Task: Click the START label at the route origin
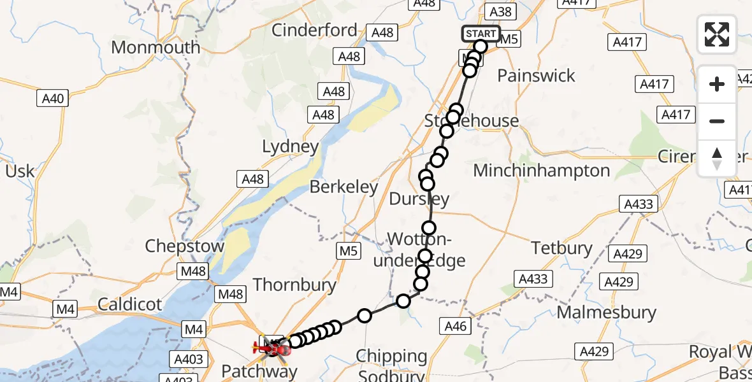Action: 481,34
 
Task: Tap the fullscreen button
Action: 717,34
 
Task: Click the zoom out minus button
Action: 717,121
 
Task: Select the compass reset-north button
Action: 717,159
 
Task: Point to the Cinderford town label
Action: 314,30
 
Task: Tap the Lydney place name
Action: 290,147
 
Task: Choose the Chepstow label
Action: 185,246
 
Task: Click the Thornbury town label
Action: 294,285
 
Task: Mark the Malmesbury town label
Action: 606,312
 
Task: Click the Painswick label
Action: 536,76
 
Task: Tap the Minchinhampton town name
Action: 542,171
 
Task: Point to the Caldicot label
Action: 130,304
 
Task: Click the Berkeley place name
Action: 343,187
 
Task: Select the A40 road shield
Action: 53,99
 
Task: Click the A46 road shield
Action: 456,327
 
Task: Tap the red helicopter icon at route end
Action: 270,347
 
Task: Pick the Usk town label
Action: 20,171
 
